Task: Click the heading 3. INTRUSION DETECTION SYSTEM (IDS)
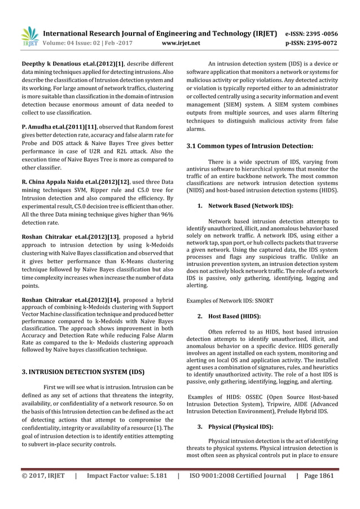click(x=82, y=372)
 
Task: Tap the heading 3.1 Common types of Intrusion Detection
click(x=249, y=146)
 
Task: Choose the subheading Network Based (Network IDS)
click(x=251, y=206)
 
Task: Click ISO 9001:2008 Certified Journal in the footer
click(x=237, y=475)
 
